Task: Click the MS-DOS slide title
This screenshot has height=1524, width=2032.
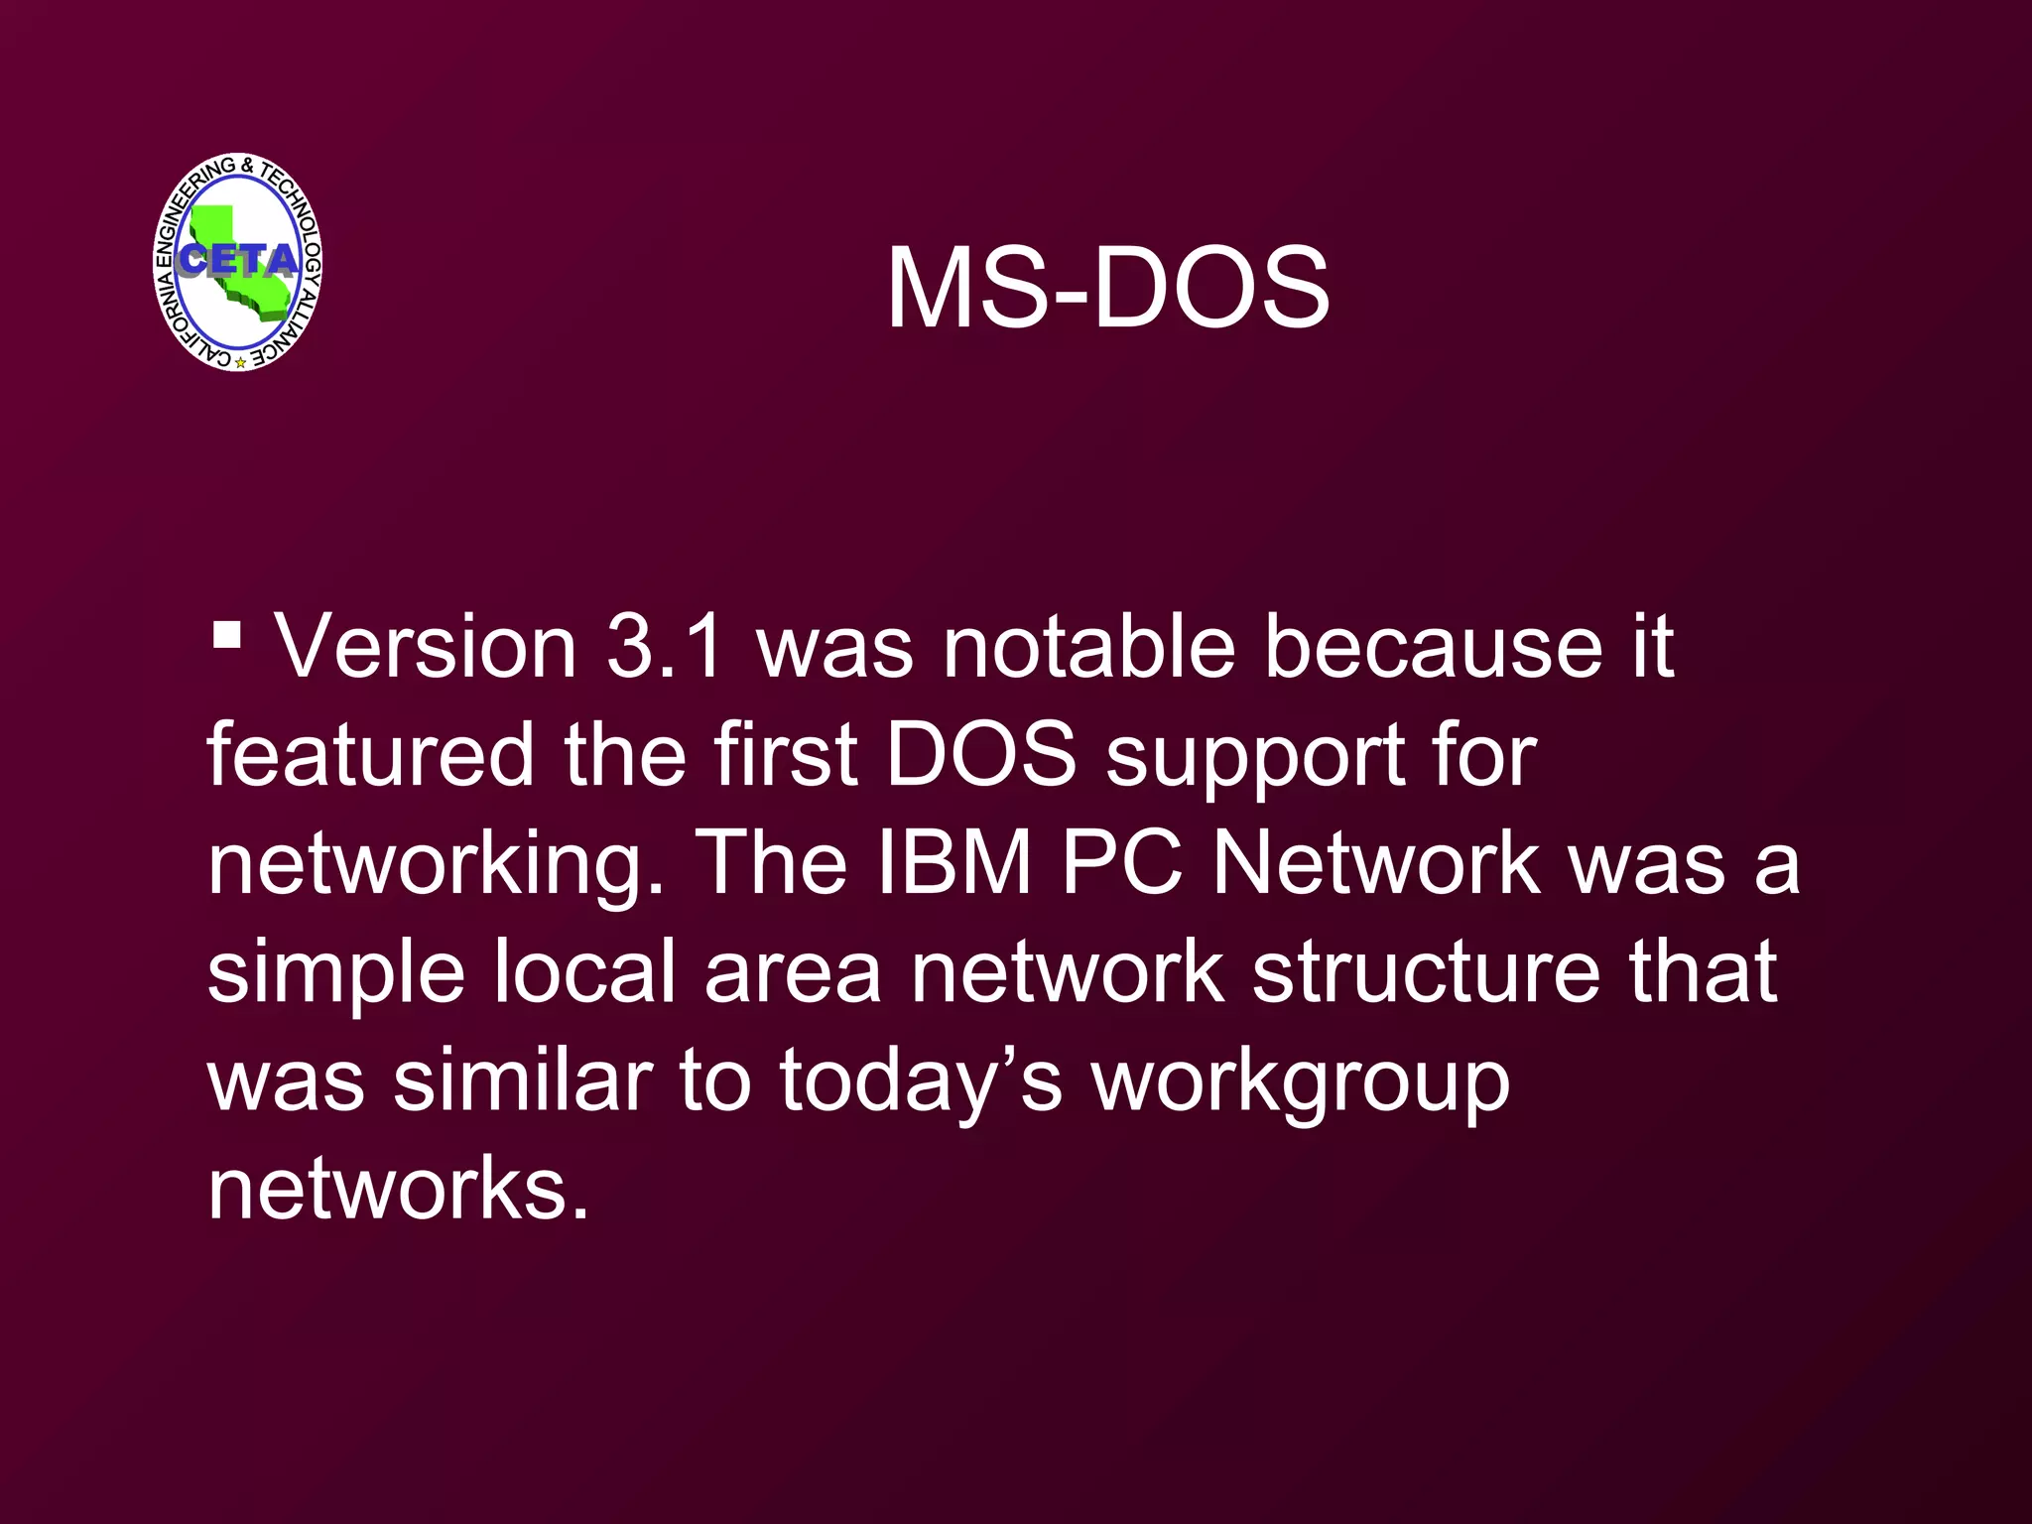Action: [1107, 289]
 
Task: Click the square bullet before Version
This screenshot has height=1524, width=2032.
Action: [227, 633]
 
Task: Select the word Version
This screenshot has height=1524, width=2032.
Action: [426, 647]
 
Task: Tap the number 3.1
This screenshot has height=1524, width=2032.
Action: [664, 647]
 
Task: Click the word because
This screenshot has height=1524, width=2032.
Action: [1433, 647]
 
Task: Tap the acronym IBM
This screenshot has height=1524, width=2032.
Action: [955, 863]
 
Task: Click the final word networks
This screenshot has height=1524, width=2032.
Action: [398, 1188]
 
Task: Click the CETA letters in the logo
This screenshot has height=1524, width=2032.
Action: [237, 260]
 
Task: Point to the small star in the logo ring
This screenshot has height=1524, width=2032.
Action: [240, 362]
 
